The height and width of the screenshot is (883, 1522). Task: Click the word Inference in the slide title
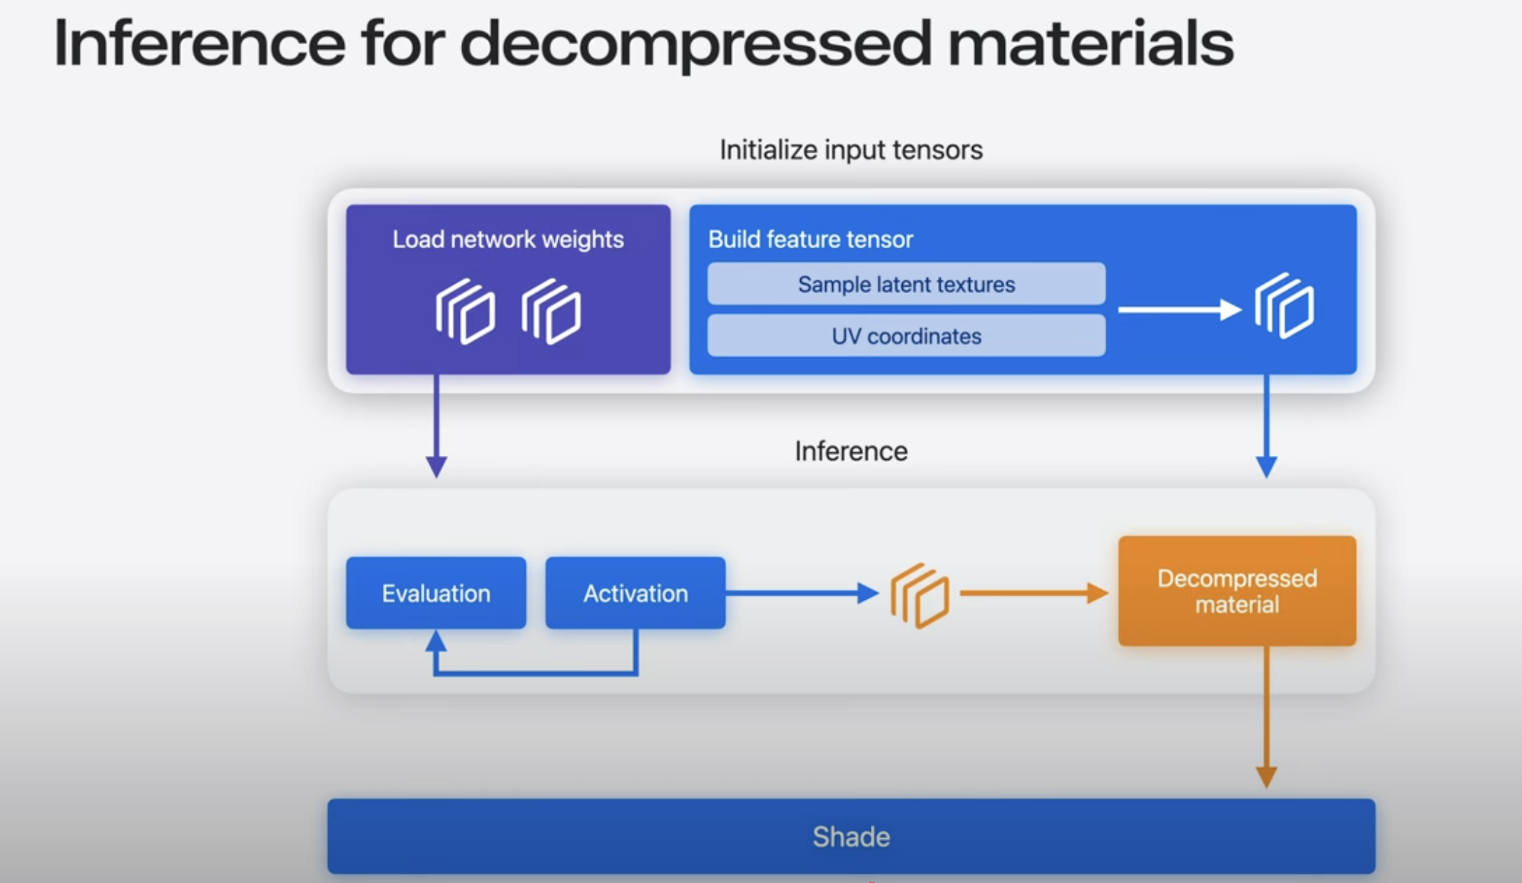click(199, 44)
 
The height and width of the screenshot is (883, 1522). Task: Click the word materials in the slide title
click(1091, 44)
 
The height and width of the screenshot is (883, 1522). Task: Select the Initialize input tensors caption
click(851, 150)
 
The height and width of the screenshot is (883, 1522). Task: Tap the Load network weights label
click(508, 239)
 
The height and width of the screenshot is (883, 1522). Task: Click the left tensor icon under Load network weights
click(466, 312)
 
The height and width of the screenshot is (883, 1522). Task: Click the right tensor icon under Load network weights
click(551, 312)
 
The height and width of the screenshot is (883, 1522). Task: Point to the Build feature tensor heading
click(810, 239)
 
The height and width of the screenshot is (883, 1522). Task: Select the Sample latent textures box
click(906, 284)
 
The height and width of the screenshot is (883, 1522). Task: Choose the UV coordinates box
click(906, 335)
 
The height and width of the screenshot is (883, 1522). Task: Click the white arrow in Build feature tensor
click(1180, 310)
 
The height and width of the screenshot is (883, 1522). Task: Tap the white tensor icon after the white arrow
click(1284, 306)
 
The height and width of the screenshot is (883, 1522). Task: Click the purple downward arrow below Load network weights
click(436, 426)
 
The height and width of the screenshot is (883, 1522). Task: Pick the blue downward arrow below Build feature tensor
click(1267, 426)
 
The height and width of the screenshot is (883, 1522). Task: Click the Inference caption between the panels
click(851, 451)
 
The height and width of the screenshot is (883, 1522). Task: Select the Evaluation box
click(436, 593)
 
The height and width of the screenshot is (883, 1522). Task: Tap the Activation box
click(635, 593)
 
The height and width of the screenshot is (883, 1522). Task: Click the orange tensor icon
click(920, 596)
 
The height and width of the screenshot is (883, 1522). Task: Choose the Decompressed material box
click(1237, 591)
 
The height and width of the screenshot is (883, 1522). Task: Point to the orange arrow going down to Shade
click(1267, 717)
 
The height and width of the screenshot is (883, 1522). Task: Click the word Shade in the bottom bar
click(851, 837)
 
